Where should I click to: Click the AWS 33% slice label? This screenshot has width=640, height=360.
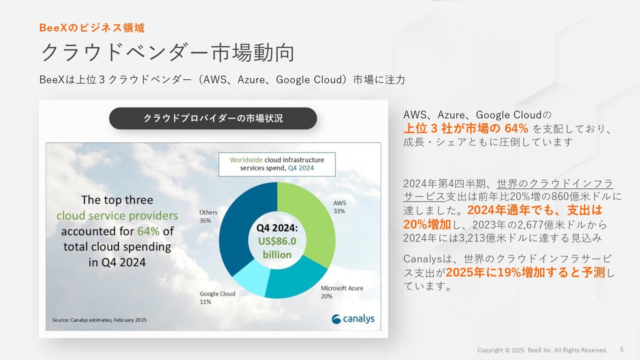click(339, 207)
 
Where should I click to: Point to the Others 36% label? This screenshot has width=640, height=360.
click(208, 216)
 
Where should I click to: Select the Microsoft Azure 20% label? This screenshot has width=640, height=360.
click(342, 292)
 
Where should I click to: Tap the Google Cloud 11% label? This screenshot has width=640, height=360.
click(217, 297)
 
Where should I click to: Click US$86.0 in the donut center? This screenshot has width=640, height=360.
click(277, 241)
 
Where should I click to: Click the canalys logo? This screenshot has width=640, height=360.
click(353, 319)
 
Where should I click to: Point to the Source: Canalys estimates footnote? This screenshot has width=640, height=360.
click(99, 320)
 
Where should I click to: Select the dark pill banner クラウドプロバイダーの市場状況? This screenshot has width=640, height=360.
click(213, 118)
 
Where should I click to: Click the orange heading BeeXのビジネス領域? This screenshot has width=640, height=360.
click(92, 27)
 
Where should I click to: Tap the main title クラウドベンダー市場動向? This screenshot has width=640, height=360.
click(167, 52)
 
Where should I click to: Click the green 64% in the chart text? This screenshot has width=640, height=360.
click(148, 231)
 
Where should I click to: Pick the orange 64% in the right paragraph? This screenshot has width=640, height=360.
click(516, 128)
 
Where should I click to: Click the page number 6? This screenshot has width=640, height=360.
click(622, 349)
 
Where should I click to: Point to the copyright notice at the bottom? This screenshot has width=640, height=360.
click(542, 350)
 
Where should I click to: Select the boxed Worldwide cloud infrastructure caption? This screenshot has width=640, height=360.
click(277, 164)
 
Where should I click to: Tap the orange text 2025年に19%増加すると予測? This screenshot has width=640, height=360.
click(525, 272)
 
